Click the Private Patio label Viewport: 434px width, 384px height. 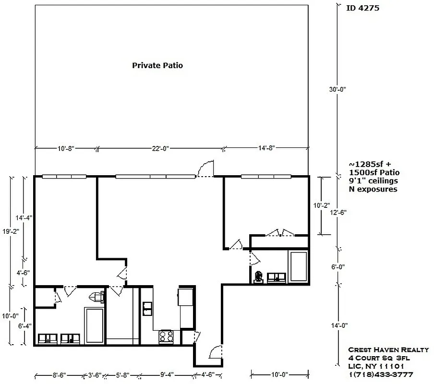[x=157, y=65]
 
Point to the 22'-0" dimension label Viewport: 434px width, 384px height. [x=159, y=148]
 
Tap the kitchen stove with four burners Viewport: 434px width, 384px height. [x=166, y=337]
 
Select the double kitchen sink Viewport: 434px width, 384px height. [x=147, y=308]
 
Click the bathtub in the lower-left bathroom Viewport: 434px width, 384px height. [x=94, y=325]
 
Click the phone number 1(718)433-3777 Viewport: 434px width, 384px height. [x=381, y=374]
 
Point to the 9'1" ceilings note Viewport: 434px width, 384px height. [x=373, y=180]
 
